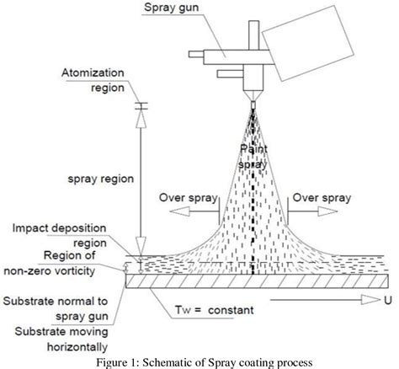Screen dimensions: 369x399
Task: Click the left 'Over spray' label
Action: pos(183,199)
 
